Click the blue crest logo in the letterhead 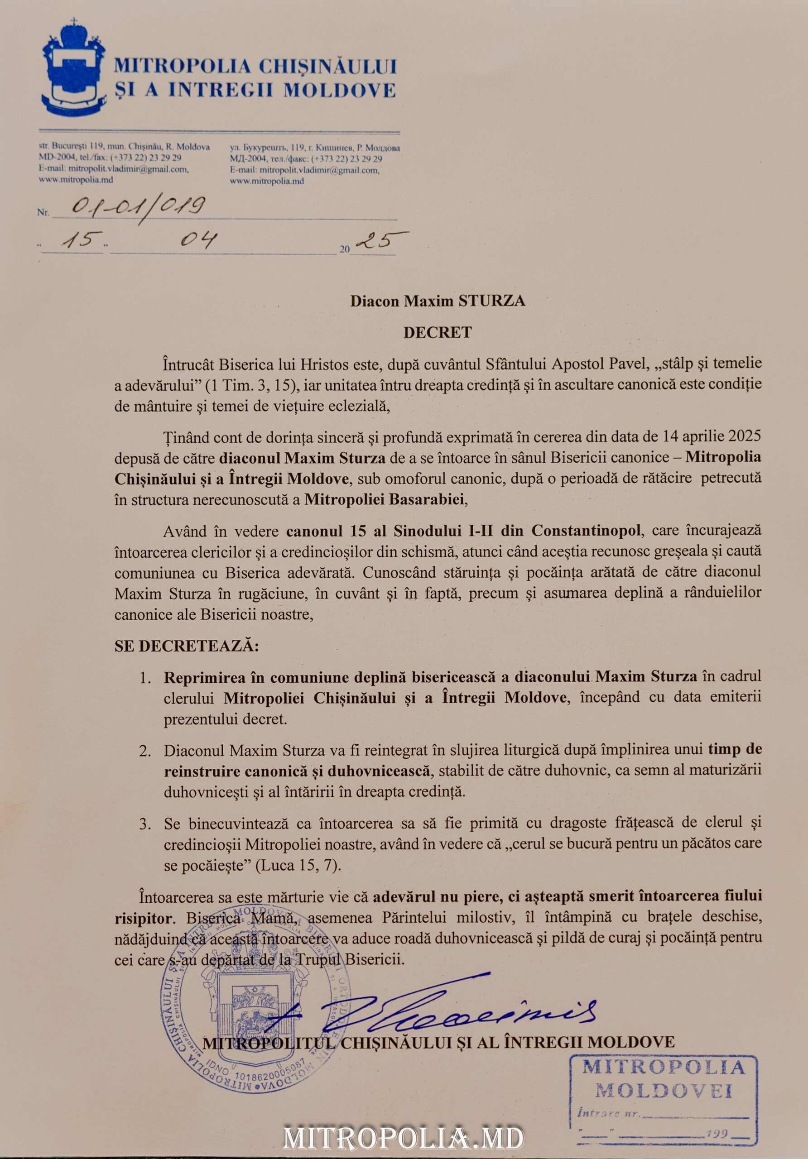[x=74, y=67]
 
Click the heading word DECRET [x=438, y=332]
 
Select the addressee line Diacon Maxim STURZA [x=438, y=301]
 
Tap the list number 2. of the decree [x=145, y=751]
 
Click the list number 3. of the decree [x=145, y=824]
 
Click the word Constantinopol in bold [x=587, y=531]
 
